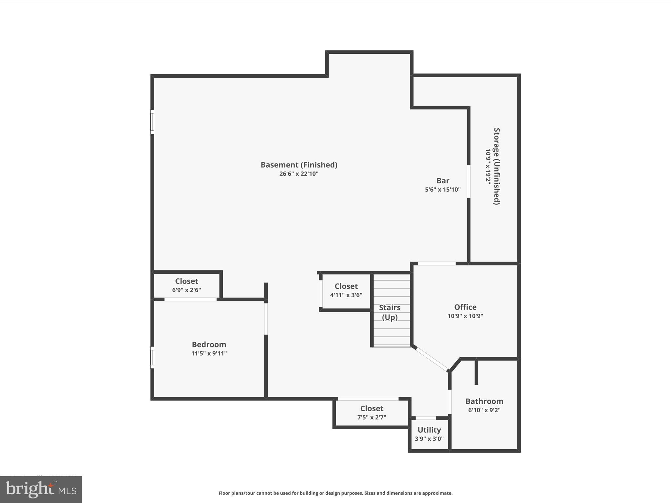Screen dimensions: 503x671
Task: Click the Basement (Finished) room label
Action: click(299, 165)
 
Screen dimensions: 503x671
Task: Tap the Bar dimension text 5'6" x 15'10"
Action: click(443, 189)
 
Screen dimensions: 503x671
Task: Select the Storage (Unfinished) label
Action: click(497, 166)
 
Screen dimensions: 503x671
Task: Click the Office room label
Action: click(465, 307)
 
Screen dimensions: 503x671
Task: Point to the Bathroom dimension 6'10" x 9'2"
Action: click(484, 410)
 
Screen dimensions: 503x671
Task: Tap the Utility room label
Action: click(429, 430)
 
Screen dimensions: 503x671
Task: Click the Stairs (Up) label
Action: click(390, 312)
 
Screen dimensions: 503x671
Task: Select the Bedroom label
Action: click(209, 345)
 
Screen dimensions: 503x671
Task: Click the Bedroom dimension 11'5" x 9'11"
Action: click(209, 353)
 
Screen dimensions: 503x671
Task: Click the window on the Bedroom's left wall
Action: click(152, 357)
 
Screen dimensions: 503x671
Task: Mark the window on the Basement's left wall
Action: click(152, 122)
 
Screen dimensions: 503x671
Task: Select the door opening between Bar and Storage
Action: click(469, 181)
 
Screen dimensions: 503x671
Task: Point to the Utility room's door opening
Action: click(426, 418)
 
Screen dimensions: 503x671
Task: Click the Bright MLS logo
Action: click(41, 490)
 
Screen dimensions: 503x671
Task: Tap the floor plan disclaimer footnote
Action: click(335, 493)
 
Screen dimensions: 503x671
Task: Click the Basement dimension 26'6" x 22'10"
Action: click(299, 174)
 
